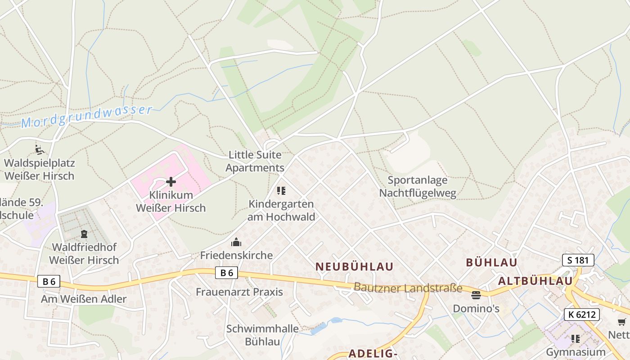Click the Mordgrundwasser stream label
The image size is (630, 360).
[87, 116]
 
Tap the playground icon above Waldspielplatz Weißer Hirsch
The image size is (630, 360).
[40, 149]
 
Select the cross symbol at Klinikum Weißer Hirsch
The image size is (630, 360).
[171, 182]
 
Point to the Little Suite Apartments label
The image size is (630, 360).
[255, 162]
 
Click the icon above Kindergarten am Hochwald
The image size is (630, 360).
[281, 191]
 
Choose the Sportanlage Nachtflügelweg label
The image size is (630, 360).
[418, 187]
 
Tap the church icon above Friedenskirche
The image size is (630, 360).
[236, 243]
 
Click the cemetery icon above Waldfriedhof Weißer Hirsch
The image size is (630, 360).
[84, 234]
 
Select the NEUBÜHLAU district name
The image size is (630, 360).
[355, 266]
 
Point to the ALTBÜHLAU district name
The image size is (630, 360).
[535, 281]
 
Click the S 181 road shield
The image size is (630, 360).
[578, 260]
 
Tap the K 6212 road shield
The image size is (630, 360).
[582, 315]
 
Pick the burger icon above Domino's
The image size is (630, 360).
[476, 295]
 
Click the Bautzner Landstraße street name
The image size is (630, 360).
[408, 288]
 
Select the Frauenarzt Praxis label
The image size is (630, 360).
[239, 292]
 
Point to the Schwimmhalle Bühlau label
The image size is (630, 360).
[262, 335]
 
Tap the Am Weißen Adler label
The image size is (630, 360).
[84, 299]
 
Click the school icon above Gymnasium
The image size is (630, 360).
[576, 338]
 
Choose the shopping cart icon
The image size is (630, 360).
[621, 322]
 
